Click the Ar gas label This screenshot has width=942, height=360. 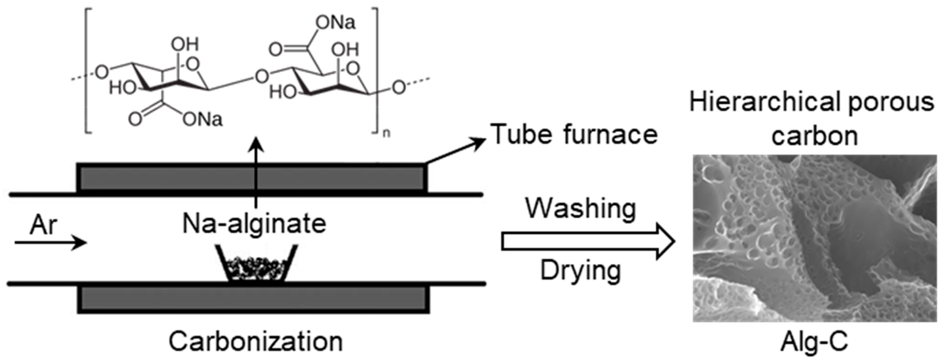pos(43,225)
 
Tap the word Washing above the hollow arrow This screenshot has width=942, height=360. pos(581,209)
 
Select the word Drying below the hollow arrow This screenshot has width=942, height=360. pos(581,271)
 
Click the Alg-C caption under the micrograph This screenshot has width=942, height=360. pos(814,342)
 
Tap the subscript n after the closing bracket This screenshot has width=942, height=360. pos(386,133)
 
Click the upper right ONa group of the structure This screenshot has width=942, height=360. pos(335,23)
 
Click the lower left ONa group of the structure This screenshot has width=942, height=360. pos(202,119)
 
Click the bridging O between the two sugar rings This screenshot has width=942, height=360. pos(262,77)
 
